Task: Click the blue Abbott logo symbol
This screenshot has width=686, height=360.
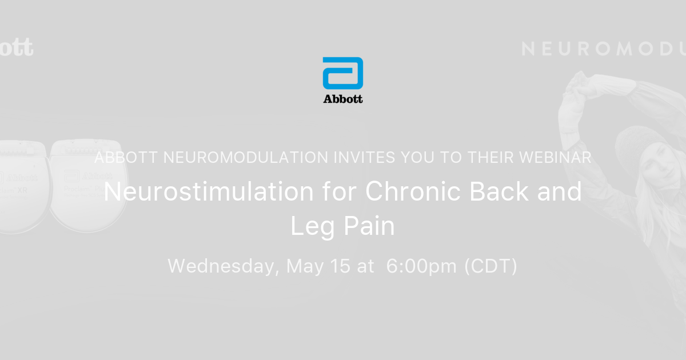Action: (x=343, y=73)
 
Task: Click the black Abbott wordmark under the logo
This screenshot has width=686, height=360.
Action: (x=343, y=98)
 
